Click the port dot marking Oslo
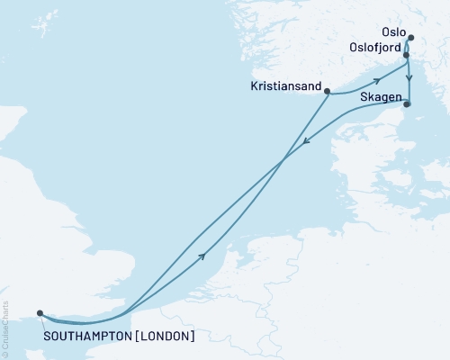[410, 38]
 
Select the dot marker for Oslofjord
[407, 56]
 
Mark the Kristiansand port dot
[328, 91]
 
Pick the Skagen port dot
[407, 104]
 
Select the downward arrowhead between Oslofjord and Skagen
[409, 77]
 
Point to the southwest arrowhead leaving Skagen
[306, 140]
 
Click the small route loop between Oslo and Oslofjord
[409, 47]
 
